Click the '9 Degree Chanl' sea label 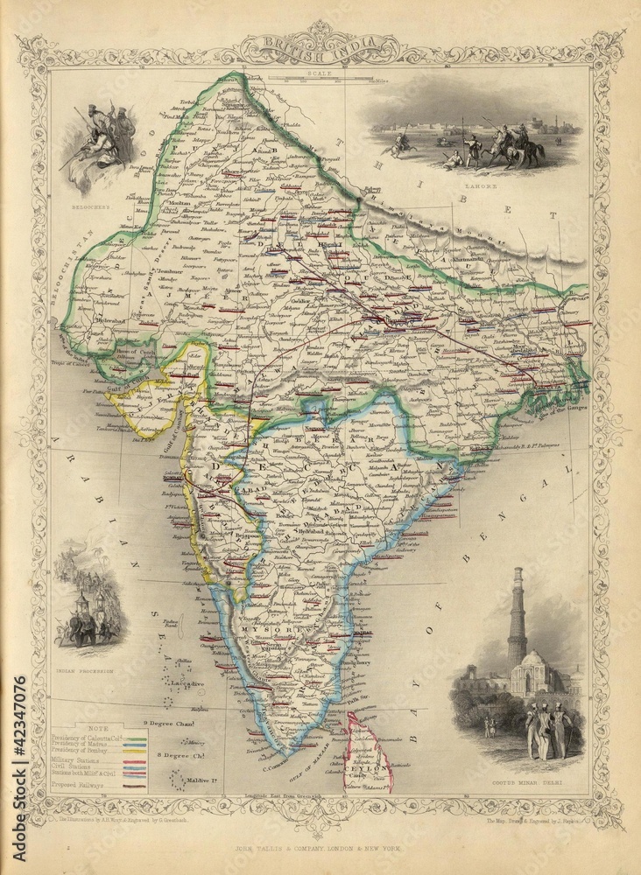click(x=170, y=723)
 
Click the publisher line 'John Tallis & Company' click(x=320, y=848)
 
